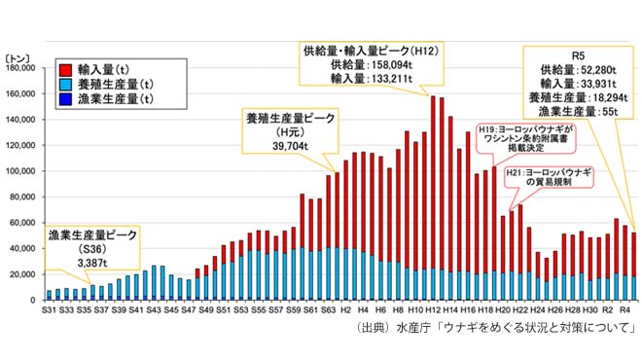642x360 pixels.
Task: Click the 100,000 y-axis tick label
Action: click(20, 171)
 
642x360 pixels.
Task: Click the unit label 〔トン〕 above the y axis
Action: click(21, 57)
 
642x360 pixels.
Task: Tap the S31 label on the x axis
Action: click(47, 309)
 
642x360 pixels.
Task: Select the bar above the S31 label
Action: click(49, 295)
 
